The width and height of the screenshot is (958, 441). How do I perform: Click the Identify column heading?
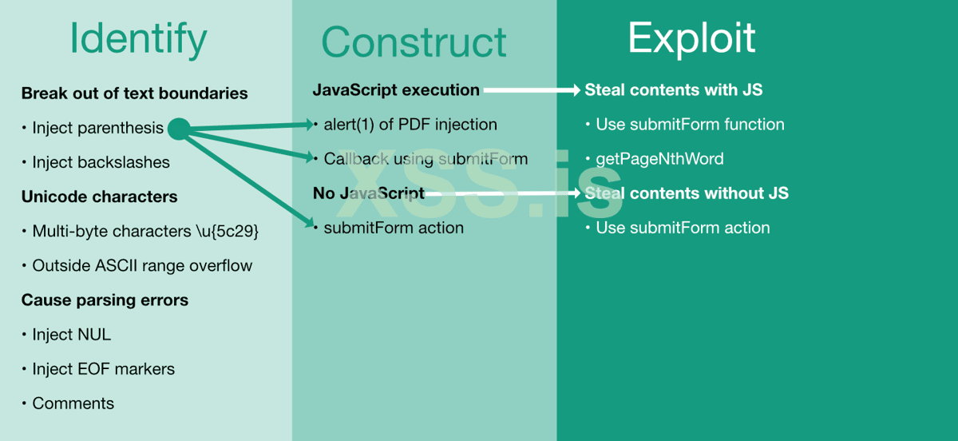138,38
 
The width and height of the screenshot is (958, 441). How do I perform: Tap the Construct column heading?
414,42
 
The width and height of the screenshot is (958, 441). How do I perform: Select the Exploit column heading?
691,38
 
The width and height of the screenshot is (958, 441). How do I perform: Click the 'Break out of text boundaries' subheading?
134,93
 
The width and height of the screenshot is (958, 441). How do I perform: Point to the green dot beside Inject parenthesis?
178,128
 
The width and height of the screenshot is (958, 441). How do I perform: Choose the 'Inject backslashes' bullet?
101,162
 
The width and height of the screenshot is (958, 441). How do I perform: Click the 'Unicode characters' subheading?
99,197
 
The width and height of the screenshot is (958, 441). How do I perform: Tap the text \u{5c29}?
227,232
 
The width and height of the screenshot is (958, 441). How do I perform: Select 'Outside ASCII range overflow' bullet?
142,266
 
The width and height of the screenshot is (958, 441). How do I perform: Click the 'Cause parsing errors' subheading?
105,300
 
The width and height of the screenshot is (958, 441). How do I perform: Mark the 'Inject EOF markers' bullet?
103,369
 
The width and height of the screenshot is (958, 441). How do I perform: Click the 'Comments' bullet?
73,403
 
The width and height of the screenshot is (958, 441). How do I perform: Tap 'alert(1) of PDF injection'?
410,125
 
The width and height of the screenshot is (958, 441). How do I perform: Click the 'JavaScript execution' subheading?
396,90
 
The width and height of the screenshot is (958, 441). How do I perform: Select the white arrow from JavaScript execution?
531,90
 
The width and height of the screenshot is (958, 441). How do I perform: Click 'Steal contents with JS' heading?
673,90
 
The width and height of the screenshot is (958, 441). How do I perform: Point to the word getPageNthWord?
659,159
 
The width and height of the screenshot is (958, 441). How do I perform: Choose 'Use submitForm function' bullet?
690,125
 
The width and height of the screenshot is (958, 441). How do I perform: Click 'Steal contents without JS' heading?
687,193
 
